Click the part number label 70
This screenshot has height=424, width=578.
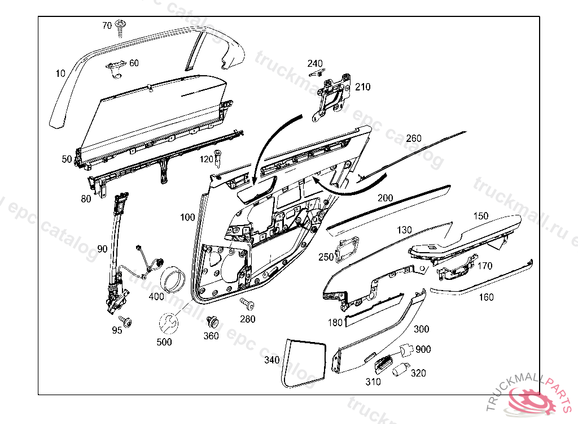pyautogui.click(x=107, y=25)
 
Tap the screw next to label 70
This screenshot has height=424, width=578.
pyautogui.click(x=120, y=26)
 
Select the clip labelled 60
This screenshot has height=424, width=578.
pyautogui.click(x=117, y=67)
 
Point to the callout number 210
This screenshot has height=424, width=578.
pyautogui.click(x=362, y=86)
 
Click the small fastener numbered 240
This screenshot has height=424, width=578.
pyautogui.click(x=319, y=72)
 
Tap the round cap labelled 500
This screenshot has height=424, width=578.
pyautogui.click(x=167, y=323)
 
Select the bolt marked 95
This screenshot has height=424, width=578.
pyautogui.click(x=128, y=322)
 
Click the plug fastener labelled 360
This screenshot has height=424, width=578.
pyautogui.click(x=213, y=322)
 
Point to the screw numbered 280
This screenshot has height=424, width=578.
pyautogui.click(x=246, y=304)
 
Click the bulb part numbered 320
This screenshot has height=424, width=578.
pyautogui.click(x=401, y=370)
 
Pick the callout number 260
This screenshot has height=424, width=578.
pyautogui.click(x=414, y=139)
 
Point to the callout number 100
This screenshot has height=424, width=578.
pyautogui.click(x=187, y=217)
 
